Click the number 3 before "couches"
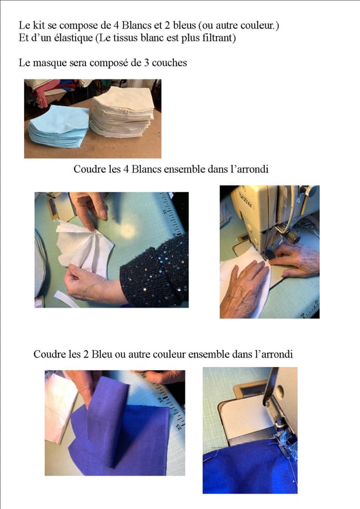(146, 62)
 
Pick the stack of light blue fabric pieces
(59, 127)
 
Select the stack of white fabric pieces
(123, 112)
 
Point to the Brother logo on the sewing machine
(247, 199)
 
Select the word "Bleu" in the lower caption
(101, 354)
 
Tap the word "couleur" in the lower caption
(169, 354)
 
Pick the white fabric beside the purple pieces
(60, 408)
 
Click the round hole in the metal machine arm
(279, 390)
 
